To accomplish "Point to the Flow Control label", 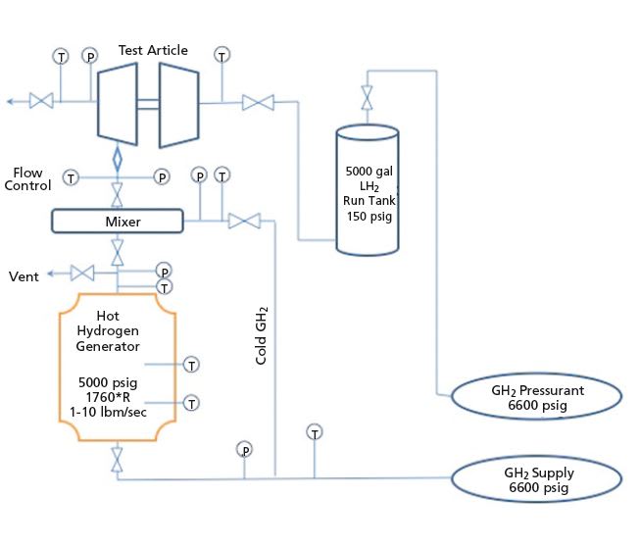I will pyautogui.click(x=28, y=178).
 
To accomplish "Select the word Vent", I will pyautogui.click(x=25, y=276).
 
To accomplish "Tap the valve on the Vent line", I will pyautogui.click(x=82, y=274).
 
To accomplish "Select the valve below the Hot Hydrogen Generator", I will pyautogui.click(x=118, y=459).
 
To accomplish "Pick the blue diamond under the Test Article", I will pyautogui.click(x=118, y=157).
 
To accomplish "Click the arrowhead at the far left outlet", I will pyautogui.click(x=9, y=100).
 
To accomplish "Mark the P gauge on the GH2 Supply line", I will pyautogui.click(x=244, y=449).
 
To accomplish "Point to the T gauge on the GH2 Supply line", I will pyautogui.click(x=315, y=431).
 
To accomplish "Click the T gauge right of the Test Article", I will pyautogui.click(x=222, y=55).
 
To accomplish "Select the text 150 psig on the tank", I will pyautogui.click(x=369, y=216).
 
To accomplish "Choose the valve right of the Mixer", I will pyautogui.click(x=238, y=222).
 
